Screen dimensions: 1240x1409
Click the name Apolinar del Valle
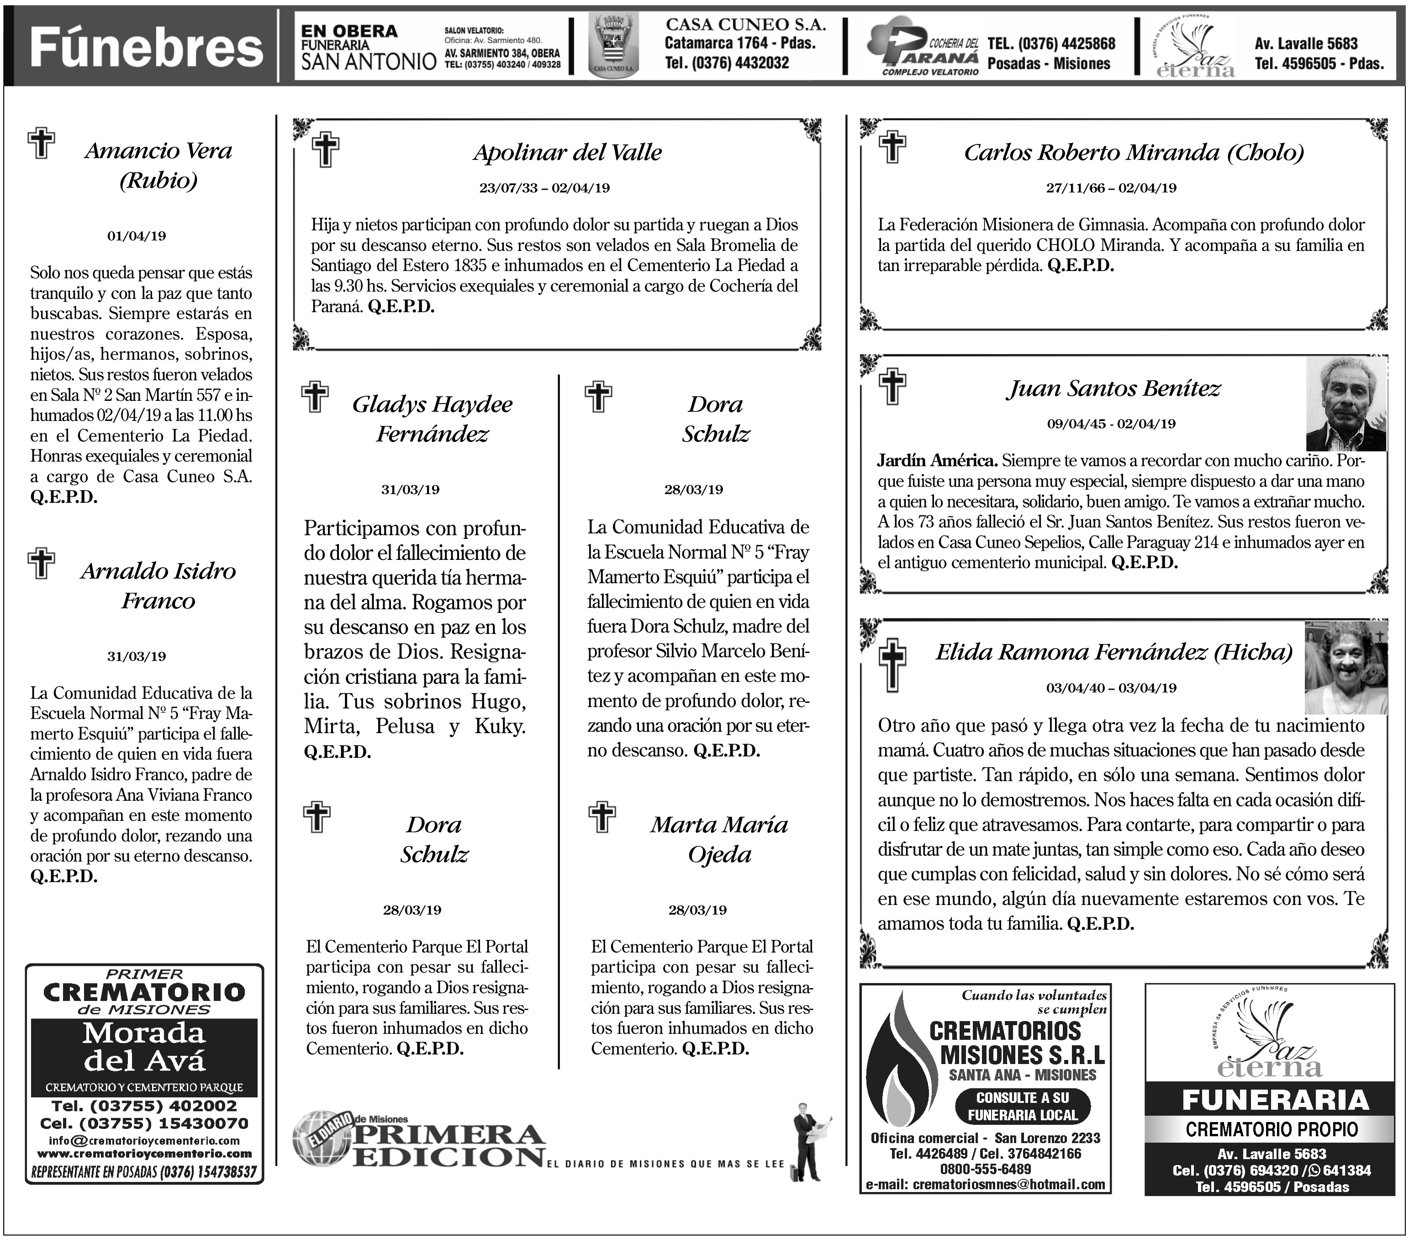[567, 152]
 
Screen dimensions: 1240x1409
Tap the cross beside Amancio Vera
[42, 144]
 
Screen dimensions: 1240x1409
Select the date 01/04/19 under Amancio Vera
[137, 236]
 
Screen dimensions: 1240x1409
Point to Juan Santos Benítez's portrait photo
[1346, 404]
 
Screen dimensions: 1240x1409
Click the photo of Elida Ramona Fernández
[1345, 667]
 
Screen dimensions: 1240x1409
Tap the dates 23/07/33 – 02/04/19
[544, 187]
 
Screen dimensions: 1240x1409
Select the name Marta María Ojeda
[719, 839]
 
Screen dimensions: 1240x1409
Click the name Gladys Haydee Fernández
[432, 419]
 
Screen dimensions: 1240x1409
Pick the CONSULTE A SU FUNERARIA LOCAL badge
[1022, 1106]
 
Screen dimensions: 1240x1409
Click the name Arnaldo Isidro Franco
[158, 585]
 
